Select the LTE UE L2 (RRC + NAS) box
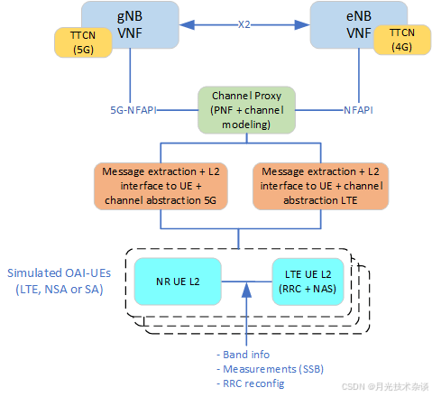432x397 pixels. (308, 282)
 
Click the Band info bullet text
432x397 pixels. (244, 354)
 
